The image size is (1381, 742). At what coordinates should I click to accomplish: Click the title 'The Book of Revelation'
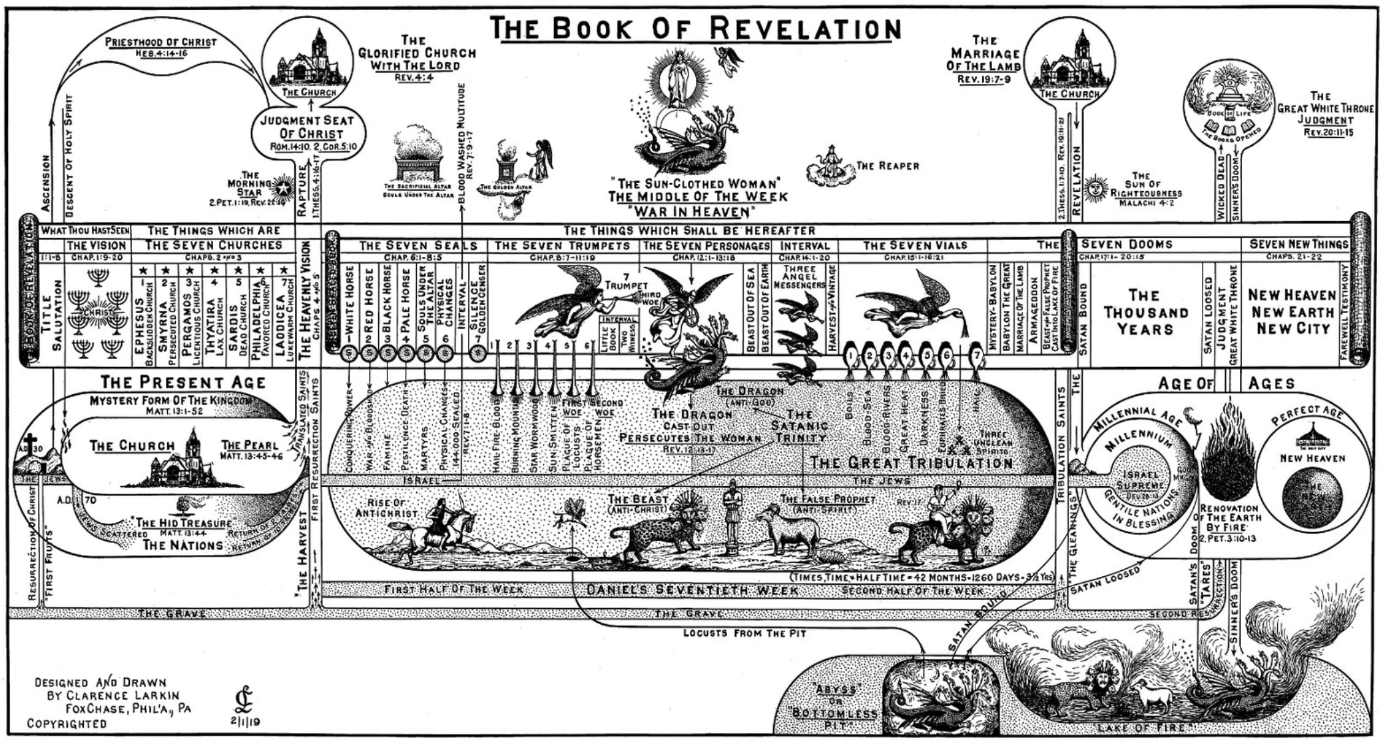pos(695,29)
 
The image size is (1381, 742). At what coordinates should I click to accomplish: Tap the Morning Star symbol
pos(283,185)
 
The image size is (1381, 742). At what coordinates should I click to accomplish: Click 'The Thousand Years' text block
pos(1145,312)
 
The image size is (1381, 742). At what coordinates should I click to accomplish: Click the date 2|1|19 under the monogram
pos(244,721)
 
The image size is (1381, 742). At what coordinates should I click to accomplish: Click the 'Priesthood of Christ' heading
pos(160,42)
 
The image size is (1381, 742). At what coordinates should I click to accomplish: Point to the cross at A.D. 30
pos(29,444)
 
